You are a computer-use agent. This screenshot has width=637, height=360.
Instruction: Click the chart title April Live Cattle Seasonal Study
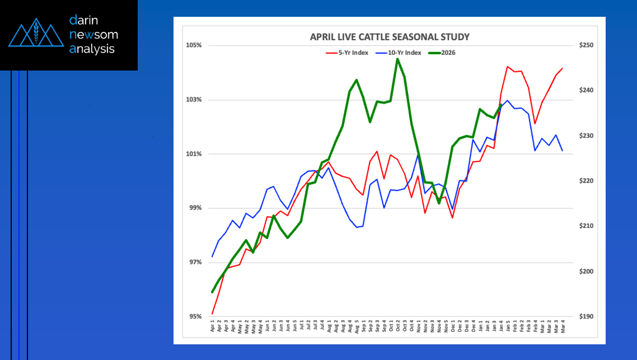click(390, 37)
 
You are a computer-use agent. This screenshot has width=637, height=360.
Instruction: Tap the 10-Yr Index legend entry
click(400, 53)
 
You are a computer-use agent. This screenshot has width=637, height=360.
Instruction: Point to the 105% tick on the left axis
click(194, 45)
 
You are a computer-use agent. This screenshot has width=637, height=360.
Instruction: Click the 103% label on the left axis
click(194, 100)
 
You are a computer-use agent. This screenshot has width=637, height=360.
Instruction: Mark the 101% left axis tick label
click(194, 154)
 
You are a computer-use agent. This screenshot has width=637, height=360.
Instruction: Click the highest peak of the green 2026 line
click(397, 59)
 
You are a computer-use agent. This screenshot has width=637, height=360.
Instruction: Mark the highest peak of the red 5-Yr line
click(507, 67)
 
